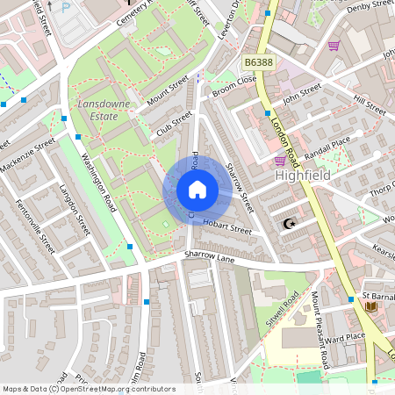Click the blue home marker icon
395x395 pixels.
pos(197,190)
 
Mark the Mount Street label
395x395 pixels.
pos(168,91)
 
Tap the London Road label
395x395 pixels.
pos(285,140)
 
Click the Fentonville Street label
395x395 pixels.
pos(35,225)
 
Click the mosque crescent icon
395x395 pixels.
pos(287,224)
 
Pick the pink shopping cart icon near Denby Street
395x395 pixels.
pos(334,46)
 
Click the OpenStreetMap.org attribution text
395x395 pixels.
pos(118,389)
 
